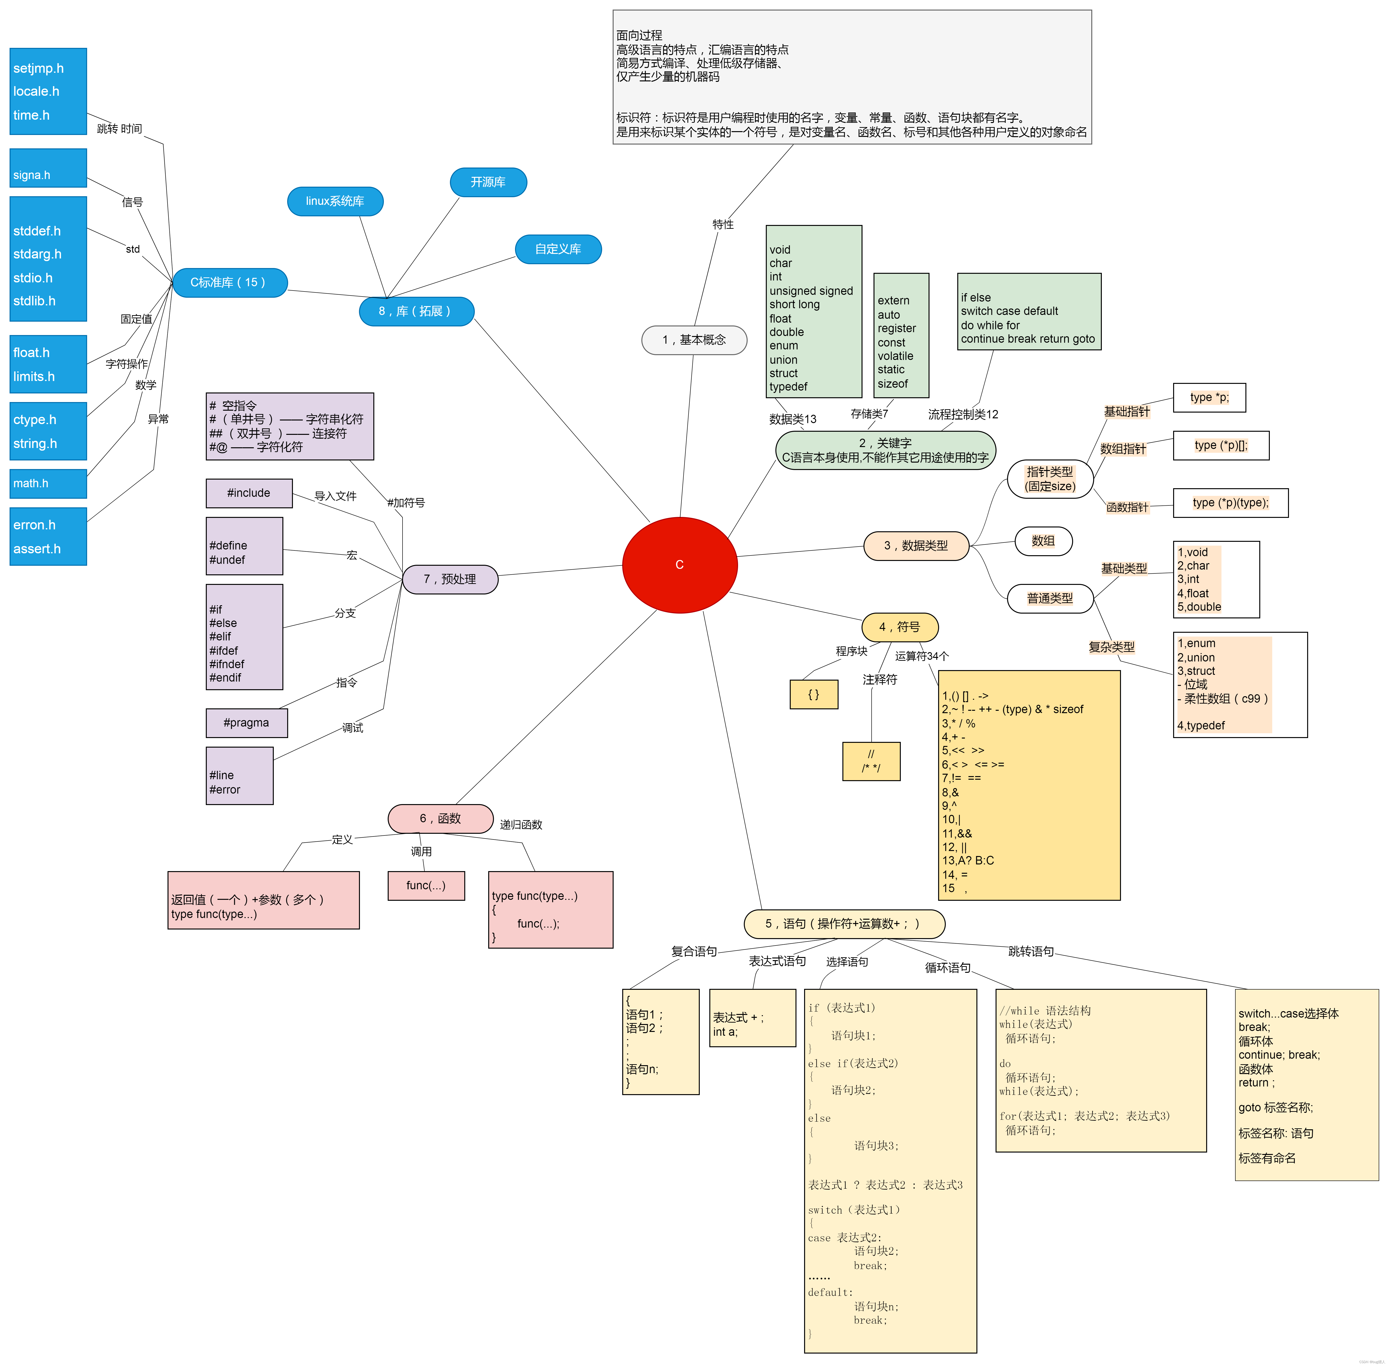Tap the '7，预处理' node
pos(450,579)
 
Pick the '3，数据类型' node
pos(916,545)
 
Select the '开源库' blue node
pos(488,182)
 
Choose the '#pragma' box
pos(246,722)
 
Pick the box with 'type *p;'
pos(1209,397)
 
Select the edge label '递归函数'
pos(521,824)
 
